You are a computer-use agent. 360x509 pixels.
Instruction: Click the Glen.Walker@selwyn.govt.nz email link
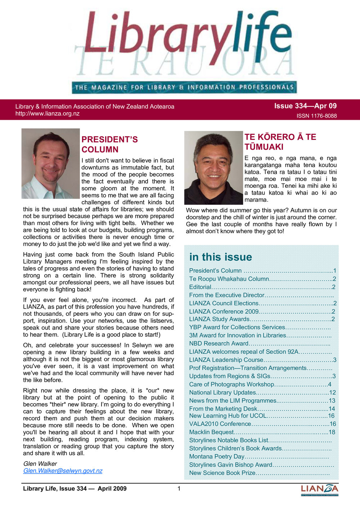63,471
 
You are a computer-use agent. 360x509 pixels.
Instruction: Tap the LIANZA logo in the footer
319,489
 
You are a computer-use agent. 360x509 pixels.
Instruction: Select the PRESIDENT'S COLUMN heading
109,145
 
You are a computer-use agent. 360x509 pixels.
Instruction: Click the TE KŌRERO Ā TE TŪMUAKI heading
280,142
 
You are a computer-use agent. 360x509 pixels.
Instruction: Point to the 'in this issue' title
220,257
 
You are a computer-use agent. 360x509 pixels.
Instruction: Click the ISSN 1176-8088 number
316,116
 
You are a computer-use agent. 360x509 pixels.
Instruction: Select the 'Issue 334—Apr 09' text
305,106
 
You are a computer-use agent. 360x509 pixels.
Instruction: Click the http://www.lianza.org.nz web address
48,114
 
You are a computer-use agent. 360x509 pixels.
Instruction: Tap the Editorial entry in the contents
200,287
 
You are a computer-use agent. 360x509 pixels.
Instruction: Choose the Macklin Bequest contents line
211,432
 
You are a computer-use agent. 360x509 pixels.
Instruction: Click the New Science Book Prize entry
222,473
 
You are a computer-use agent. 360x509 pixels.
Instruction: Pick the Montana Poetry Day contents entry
217,456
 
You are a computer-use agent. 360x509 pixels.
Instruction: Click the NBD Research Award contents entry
219,343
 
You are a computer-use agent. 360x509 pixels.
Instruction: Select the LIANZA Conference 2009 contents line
224,312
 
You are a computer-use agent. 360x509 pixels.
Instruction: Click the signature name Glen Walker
40,464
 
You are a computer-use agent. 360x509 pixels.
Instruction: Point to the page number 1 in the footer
179,488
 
